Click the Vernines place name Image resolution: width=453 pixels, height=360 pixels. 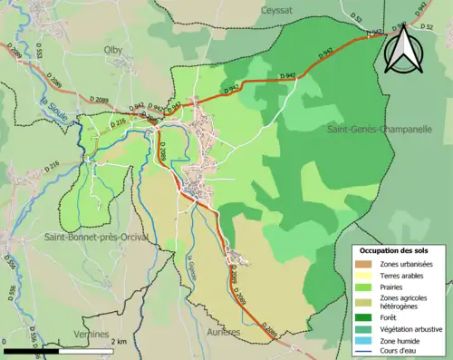(x=92, y=335)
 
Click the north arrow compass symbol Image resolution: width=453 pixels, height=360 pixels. (x=400, y=50)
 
